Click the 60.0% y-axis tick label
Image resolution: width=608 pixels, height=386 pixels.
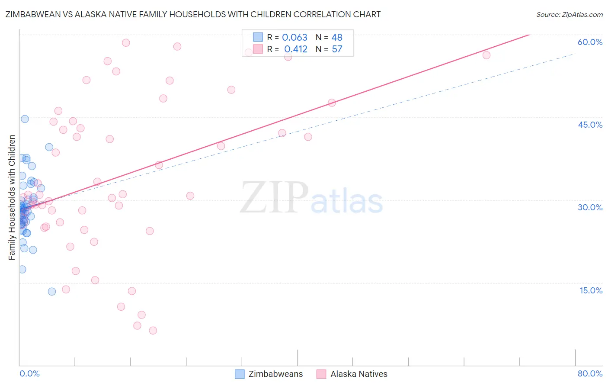pos(590,42)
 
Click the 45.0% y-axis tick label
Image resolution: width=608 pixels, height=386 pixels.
pos(590,125)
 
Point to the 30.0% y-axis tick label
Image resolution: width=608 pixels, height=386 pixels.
pos(590,207)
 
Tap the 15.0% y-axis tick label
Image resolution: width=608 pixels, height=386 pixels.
pos(591,290)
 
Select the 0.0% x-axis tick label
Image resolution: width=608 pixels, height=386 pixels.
pos(29,373)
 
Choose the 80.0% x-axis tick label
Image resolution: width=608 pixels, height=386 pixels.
pos(590,373)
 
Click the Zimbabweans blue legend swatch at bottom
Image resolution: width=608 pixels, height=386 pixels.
pos(240,374)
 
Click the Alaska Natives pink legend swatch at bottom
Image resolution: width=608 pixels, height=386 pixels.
pos(321,374)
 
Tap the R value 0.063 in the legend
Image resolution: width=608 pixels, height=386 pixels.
pos(294,38)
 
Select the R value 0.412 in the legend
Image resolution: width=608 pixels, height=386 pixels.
pos(296,49)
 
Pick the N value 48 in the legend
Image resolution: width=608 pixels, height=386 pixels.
pos(337,38)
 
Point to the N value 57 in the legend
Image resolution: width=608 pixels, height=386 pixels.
pos(337,49)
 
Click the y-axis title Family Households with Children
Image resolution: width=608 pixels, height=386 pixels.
pos(12,197)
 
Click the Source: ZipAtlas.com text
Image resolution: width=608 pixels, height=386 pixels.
pos(569,15)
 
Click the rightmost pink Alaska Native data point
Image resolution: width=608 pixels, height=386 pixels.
pos(486,55)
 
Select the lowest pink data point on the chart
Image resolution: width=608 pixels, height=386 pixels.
pos(153,331)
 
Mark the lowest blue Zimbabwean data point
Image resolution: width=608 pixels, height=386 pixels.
pos(52,292)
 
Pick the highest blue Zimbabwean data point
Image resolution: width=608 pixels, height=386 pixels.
pos(25,119)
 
